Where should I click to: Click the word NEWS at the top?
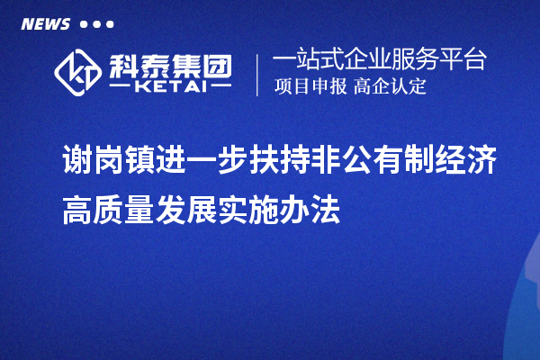[x=46, y=24]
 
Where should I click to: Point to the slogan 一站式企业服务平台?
[x=379, y=60]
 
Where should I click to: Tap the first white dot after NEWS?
[x=84, y=24]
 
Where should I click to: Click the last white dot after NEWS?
[x=111, y=24]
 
